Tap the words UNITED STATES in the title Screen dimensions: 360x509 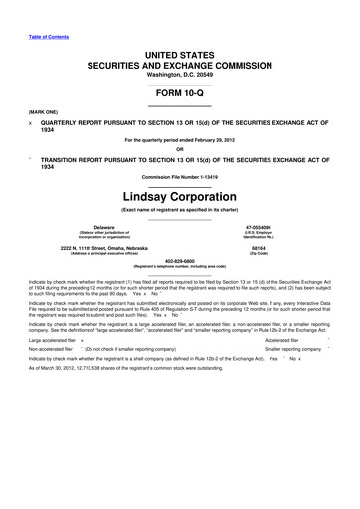click(179, 50)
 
